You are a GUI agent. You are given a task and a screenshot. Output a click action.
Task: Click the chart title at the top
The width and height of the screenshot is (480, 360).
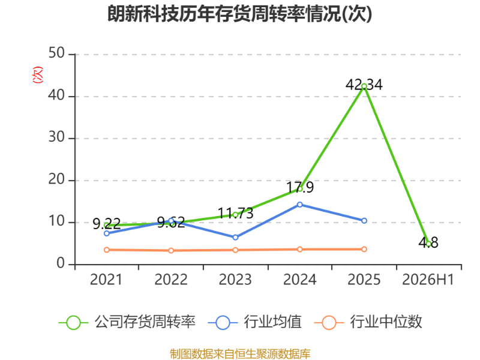239,14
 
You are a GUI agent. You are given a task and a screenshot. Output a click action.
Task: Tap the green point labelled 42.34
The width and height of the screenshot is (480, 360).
364,86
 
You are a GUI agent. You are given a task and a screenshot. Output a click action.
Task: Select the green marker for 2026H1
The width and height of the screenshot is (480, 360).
428,244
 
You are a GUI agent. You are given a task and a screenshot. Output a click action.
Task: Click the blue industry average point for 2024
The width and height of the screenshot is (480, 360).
299,205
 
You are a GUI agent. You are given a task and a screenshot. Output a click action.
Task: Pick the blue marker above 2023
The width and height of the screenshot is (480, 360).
235,237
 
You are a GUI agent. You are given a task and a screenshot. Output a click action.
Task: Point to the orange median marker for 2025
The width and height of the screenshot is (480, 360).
364,249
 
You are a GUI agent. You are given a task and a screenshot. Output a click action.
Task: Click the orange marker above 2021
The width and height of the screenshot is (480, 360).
107,250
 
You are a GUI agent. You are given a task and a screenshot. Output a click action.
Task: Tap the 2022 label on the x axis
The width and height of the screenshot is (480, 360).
171,280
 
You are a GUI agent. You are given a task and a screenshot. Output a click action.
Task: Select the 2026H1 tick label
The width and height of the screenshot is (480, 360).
428,280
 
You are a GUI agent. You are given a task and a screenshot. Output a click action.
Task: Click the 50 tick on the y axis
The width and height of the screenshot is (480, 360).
56,53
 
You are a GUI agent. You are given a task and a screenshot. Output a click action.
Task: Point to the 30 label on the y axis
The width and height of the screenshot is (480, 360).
56,137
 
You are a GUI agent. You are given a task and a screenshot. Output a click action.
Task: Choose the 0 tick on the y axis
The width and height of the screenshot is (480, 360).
61,263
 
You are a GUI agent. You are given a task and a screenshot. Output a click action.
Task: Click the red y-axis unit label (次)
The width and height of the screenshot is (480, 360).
37,74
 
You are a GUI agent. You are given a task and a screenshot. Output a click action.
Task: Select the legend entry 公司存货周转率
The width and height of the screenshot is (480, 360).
127,322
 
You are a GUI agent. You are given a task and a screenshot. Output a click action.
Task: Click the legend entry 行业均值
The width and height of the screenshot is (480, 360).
254,322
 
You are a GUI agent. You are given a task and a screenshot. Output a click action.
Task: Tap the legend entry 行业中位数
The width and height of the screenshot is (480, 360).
368,322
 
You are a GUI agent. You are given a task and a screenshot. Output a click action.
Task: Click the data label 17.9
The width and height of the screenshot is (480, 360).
300,187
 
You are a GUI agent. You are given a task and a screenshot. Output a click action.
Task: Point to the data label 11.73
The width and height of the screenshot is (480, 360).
235,214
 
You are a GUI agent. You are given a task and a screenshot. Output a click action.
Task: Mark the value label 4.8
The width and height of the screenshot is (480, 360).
428,242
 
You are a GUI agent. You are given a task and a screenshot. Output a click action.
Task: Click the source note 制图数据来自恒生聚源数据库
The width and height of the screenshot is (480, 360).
240,354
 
